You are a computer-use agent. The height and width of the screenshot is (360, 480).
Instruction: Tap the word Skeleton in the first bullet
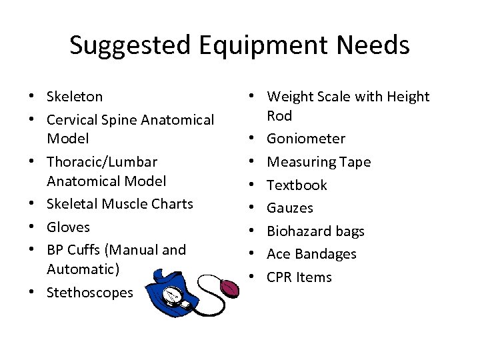(x=75, y=97)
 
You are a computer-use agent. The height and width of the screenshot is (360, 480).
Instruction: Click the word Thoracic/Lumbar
(x=102, y=162)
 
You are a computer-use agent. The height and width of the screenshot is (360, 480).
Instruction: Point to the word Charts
(x=170, y=204)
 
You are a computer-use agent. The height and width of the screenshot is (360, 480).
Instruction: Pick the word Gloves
(x=68, y=227)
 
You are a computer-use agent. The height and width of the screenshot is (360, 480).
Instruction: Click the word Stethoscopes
(x=90, y=293)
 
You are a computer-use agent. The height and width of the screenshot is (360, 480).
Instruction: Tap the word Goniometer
(x=306, y=139)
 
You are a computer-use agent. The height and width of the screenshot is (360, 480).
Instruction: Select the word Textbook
(x=297, y=185)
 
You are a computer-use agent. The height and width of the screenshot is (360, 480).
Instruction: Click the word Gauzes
(x=289, y=208)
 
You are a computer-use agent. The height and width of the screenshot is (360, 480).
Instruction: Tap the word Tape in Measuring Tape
(x=355, y=162)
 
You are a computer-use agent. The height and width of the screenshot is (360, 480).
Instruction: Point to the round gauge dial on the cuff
(x=171, y=295)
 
